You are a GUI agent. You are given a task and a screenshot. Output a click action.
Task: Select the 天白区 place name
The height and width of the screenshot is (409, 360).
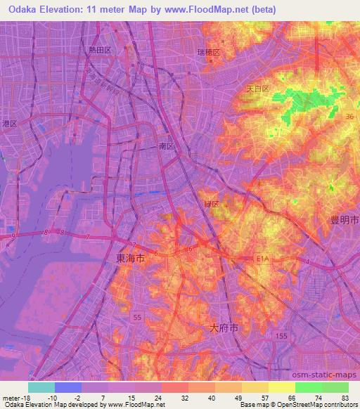(x=257, y=89)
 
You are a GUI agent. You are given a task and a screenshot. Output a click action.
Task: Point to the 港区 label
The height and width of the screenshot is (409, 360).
(x=9, y=124)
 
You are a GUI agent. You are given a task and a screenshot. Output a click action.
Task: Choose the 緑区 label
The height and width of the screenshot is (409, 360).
(x=212, y=204)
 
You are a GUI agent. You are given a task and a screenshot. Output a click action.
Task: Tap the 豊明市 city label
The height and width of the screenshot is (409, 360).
(x=345, y=220)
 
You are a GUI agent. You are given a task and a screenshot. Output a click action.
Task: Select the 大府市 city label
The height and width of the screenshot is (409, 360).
(x=224, y=327)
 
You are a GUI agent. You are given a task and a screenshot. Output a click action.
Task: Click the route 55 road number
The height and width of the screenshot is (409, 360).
(x=138, y=318)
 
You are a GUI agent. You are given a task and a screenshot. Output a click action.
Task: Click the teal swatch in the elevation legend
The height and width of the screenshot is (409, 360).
(x=41, y=387)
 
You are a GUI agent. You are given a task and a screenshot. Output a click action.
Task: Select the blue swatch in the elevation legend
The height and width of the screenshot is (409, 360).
(x=68, y=387)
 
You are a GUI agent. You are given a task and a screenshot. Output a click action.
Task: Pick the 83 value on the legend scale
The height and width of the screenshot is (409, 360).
(x=345, y=398)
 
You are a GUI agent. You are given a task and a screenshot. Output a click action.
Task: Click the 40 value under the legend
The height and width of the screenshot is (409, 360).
(x=213, y=398)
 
